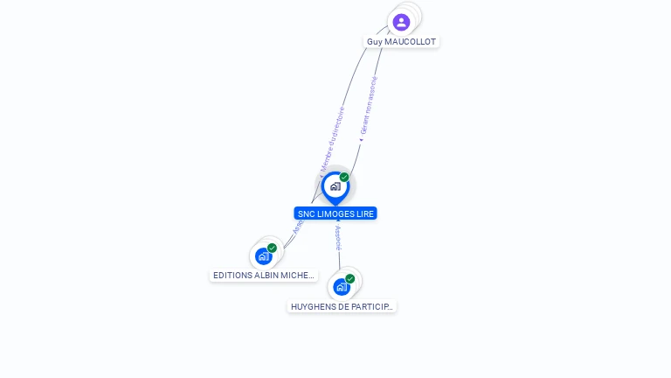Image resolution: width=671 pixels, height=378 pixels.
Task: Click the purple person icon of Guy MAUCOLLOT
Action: (x=401, y=22)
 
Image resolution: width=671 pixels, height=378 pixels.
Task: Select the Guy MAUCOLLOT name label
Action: (x=401, y=42)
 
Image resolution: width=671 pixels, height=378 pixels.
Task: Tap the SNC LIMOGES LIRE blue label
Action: (x=335, y=213)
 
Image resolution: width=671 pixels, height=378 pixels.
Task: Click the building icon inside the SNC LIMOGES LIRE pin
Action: (x=335, y=186)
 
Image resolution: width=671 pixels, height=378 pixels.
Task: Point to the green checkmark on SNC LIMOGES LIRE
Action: (x=344, y=178)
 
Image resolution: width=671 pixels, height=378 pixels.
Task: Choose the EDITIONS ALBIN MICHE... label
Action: (x=263, y=275)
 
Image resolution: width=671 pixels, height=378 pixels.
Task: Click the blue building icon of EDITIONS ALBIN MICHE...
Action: (x=263, y=256)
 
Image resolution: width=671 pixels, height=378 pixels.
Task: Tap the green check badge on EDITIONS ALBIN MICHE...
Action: (x=272, y=248)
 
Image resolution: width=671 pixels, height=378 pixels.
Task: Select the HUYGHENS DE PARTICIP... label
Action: (x=342, y=306)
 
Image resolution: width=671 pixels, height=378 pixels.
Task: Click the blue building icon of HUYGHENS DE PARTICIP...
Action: (x=341, y=287)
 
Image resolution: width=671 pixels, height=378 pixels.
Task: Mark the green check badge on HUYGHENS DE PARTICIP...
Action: (x=349, y=279)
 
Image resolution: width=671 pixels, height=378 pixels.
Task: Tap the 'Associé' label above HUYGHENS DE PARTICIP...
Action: (x=338, y=237)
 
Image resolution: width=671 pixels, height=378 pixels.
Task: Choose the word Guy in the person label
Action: (x=374, y=42)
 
